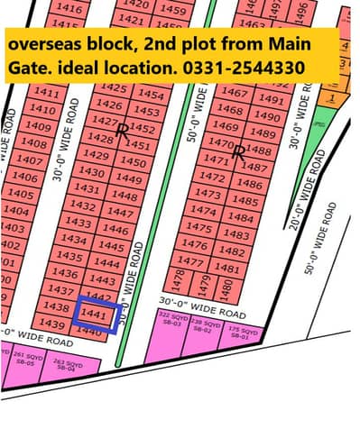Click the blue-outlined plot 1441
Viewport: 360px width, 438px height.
pos(97,315)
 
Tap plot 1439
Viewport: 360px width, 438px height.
pos(53,324)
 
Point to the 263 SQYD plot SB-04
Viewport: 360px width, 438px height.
pos(64,364)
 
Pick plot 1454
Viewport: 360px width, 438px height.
pos(152,95)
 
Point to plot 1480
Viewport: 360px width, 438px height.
pos(226,285)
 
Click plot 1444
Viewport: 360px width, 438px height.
pos(106,263)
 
